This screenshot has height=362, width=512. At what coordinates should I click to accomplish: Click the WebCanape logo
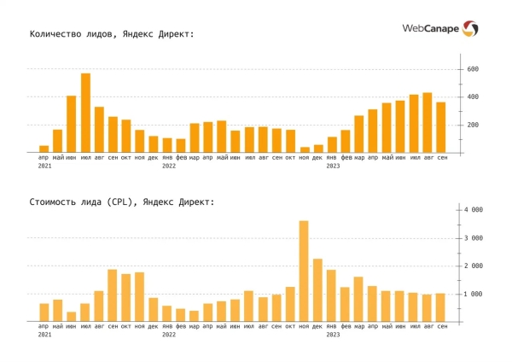coord(439,29)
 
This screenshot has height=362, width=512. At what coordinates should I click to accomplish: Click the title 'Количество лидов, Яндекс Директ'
coord(112,34)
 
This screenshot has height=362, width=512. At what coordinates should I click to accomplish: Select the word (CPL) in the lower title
coord(116,201)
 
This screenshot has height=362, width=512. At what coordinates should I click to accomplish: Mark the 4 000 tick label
coord(474,209)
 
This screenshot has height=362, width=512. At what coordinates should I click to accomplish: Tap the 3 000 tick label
coord(474,237)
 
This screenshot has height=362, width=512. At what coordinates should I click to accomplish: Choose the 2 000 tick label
coord(474,266)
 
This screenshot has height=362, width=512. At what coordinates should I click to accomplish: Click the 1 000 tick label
coord(474,294)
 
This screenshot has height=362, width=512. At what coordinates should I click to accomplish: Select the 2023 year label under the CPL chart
coord(333,335)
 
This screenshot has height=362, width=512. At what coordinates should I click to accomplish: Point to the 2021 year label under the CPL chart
coord(44,335)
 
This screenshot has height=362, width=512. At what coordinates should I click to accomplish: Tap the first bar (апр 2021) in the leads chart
coord(44,149)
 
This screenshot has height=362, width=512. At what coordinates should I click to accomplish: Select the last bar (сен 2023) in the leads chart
coord(440,127)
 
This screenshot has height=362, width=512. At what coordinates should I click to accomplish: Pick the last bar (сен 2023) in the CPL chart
coord(440,307)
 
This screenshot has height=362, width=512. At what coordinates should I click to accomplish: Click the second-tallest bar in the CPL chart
coord(317,289)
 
